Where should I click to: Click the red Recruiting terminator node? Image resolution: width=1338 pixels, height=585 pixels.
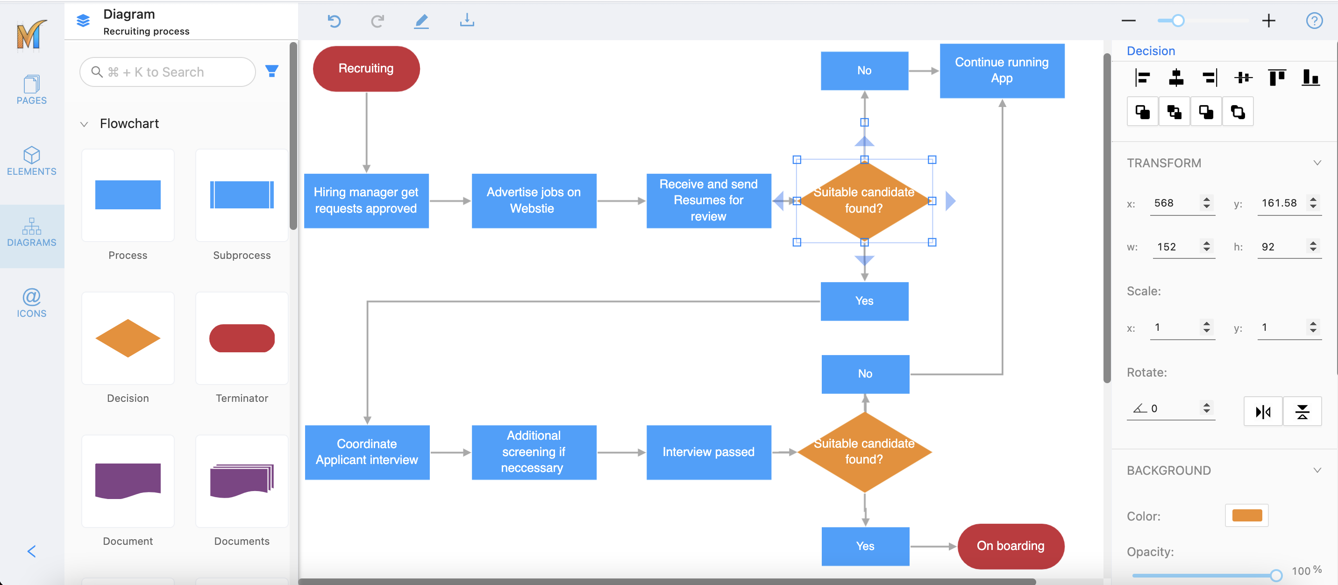366,69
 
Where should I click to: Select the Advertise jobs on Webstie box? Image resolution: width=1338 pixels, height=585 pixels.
534,200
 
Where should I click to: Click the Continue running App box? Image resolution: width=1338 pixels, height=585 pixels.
1002,71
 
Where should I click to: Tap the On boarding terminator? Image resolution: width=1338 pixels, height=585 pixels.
1010,546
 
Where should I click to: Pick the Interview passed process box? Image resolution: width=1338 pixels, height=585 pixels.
708,452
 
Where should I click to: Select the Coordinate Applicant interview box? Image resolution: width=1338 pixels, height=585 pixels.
367,452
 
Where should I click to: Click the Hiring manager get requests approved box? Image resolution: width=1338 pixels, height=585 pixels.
366,200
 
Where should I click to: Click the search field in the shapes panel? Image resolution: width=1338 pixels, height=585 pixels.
167,72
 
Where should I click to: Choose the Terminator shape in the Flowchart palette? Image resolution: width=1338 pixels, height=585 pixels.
242,339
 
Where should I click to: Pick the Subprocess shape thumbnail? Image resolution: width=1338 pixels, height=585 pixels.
242,195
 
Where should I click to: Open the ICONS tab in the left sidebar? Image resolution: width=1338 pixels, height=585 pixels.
32,303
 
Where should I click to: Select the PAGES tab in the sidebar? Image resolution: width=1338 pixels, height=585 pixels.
32,89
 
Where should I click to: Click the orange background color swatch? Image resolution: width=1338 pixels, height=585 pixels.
1246,515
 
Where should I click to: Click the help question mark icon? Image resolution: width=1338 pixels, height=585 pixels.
1314,21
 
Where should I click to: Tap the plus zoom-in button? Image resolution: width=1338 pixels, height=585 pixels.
1268,21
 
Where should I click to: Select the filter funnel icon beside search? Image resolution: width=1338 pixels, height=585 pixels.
271,71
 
